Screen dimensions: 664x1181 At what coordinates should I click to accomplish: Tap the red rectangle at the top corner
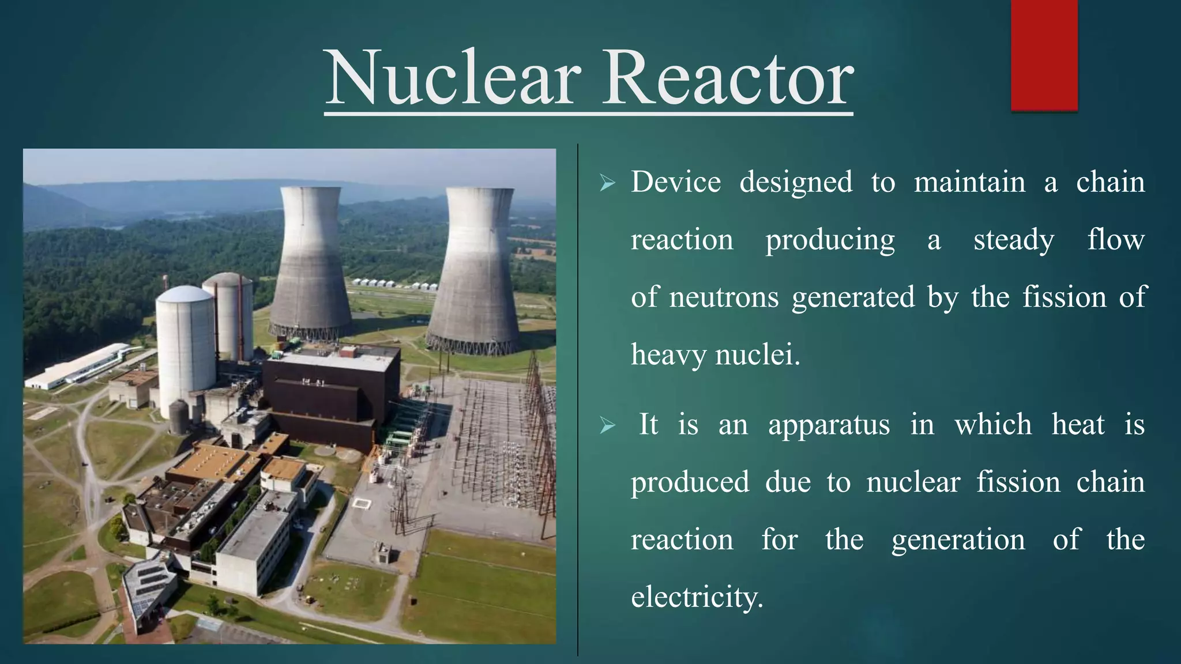(1044, 55)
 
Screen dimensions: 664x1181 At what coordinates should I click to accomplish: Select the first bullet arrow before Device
(607, 184)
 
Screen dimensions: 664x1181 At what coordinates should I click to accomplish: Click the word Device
(675, 182)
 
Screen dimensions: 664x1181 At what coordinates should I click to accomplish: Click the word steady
(1013, 240)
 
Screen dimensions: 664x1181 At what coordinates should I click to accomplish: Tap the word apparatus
(829, 425)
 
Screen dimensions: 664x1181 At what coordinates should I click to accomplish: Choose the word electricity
(697, 597)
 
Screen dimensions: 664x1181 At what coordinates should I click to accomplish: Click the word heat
(1078, 425)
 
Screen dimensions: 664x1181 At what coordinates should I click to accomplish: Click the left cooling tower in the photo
(310, 265)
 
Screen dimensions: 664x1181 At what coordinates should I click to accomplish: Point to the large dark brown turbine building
(332, 398)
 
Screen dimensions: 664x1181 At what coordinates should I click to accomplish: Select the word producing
(830, 240)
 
